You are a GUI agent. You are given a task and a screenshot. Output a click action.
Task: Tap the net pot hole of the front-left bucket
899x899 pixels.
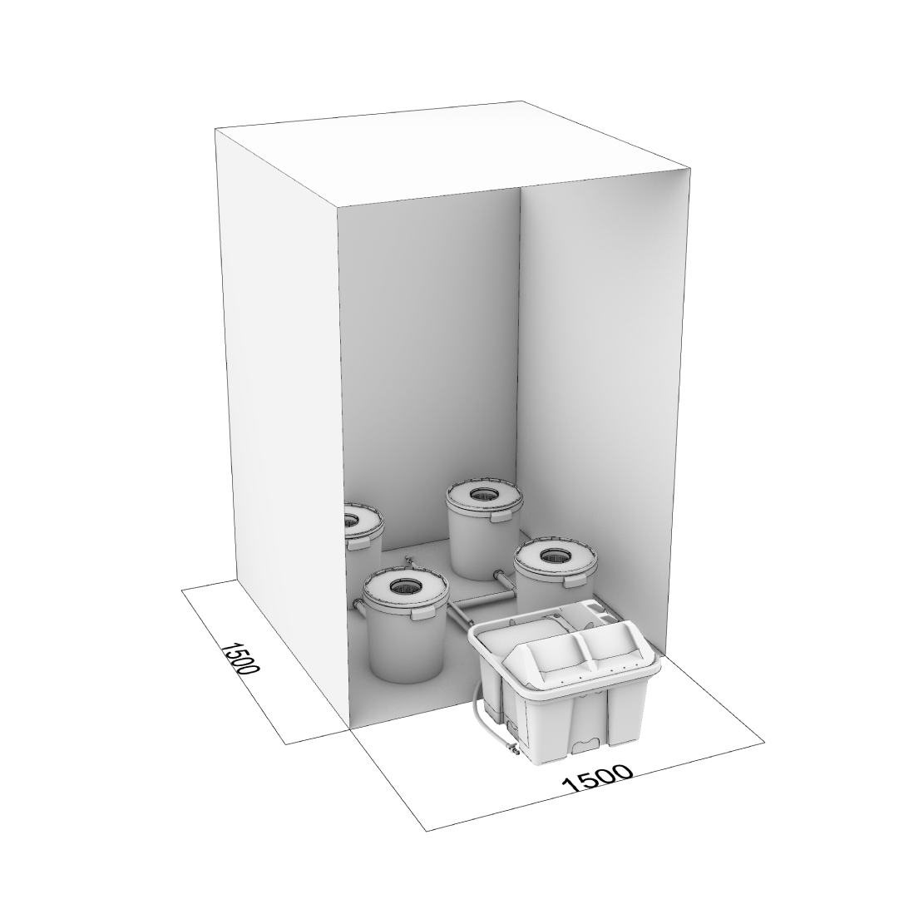click(x=405, y=585)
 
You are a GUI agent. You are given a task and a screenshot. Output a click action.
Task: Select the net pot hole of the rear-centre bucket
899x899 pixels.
click(x=485, y=494)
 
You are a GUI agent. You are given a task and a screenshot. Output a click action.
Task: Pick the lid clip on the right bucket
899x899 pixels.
click(x=574, y=581)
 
